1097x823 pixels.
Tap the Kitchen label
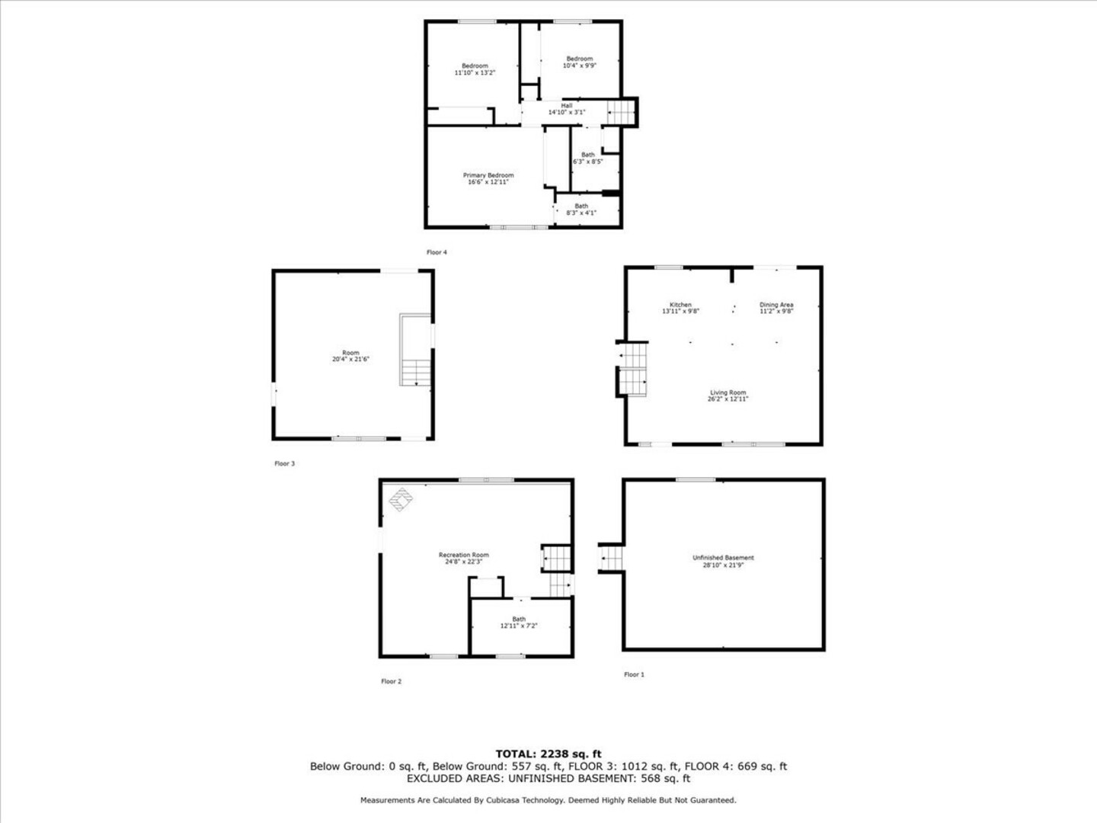click(680, 305)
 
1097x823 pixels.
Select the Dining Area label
click(776, 305)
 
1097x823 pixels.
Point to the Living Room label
click(728, 392)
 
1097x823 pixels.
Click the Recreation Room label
click(464, 555)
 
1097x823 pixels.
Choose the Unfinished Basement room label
click(723, 558)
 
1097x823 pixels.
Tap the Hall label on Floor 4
click(566, 105)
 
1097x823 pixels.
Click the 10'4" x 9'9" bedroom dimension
click(580, 66)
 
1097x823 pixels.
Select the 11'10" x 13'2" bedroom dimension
click(475, 72)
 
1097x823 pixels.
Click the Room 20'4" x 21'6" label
click(351, 356)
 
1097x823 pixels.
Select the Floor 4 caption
click(437, 252)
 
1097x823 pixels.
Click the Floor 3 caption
click(285, 464)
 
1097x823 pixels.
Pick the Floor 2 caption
click(392, 681)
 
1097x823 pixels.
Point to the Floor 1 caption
click(635, 674)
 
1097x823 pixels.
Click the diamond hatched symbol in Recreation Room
click(401, 500)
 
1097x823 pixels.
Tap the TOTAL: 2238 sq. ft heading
click(548, 754)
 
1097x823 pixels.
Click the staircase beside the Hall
click(621, 113)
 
